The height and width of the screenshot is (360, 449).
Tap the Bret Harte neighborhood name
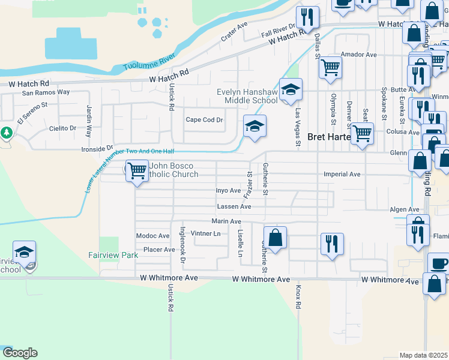(328, 137)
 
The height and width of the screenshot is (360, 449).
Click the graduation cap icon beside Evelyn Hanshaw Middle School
(291, 90)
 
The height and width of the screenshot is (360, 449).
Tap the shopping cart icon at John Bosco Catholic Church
(137, 171)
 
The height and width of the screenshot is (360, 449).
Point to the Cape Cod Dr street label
(204, 120)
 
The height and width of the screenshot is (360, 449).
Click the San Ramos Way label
(46, 93)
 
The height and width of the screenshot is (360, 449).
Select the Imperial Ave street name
(342, 175)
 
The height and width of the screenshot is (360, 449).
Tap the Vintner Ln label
(205, 233)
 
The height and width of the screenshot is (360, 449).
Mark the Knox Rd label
(298, 297)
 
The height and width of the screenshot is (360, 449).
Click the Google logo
(20, 353)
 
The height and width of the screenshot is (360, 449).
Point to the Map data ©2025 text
(423, 355)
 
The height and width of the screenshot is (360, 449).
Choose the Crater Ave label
(234, 32)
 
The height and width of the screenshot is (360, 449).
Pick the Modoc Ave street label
(153, 236)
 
